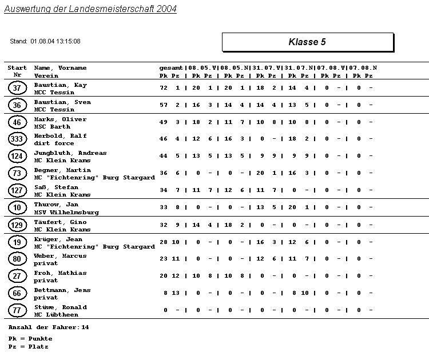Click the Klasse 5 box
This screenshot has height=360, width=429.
click(x=307, y=42)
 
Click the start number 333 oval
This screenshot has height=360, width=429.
click(x=17, y=139)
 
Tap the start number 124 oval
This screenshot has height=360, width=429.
click(x=17, y=156)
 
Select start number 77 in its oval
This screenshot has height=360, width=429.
click(x=17, y=310)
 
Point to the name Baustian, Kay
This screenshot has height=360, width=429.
click(x=60, y=85)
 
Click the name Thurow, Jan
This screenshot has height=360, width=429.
click(x=56, y=205)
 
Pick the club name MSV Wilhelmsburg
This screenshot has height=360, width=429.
click(x=66, y=212)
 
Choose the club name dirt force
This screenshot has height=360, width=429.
click(x=52, y=143)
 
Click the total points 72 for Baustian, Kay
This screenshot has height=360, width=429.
click(x=164, y=88)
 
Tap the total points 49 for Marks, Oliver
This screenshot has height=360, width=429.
click(x=164, y=122)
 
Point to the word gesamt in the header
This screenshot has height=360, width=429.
click(x=171, y=68)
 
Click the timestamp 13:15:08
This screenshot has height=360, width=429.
click(x=67, y=41)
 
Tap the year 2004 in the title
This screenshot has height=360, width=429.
click(x=165, y=9)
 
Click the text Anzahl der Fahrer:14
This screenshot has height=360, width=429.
click(x=49, y=327)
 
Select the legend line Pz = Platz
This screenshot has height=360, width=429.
click(x=29, y=346)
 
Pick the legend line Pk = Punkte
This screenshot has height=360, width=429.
click(x=30, y=339)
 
